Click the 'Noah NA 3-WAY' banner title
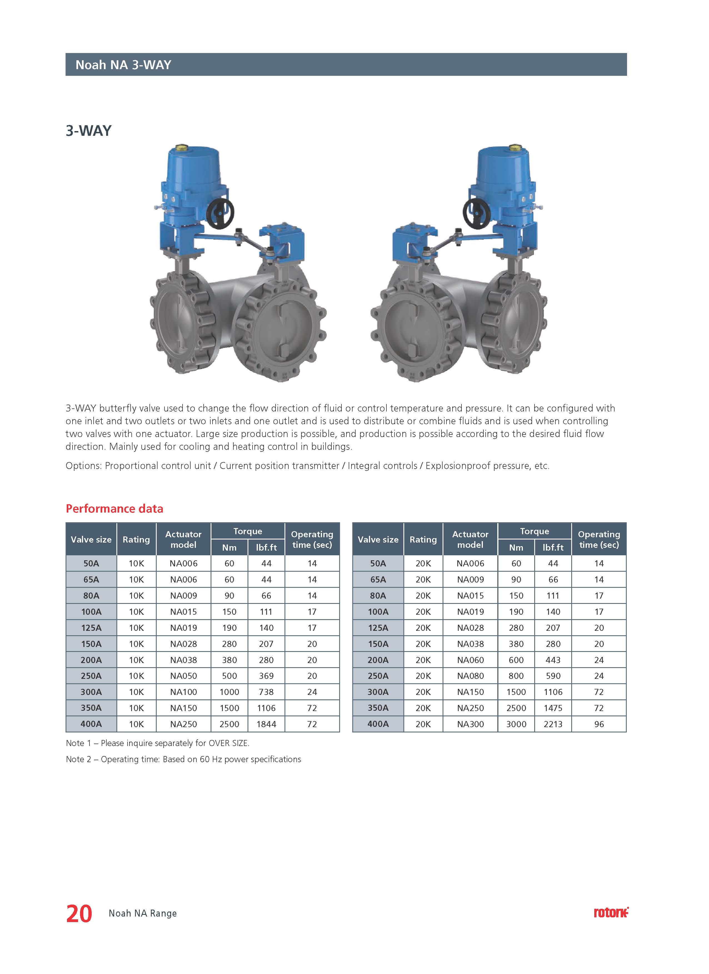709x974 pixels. pyautogui.click(x=123, y=65)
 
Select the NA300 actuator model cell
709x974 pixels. pyautogui.click(x=470, y=724)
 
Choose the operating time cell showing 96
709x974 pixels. pyautogui.click(x=599, y=724)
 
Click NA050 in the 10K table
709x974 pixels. pyautogui.click(x=183, y=676)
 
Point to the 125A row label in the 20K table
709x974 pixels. pyautogui.click(x=378, y=628)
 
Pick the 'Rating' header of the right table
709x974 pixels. pyautogui.click(x=423, y=539)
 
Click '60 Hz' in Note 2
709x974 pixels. pyautogui.click(x=211, y=759)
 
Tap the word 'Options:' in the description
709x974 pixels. pyautogui.click(x=84, y=466)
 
